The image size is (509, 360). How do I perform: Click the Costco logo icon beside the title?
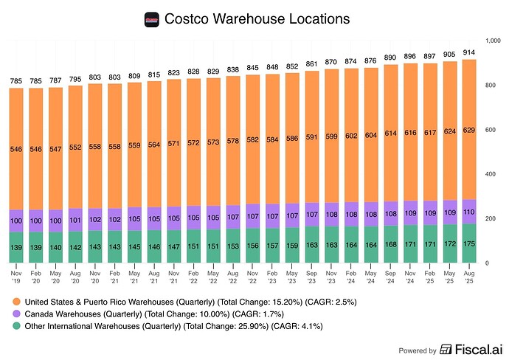[153, 18]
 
